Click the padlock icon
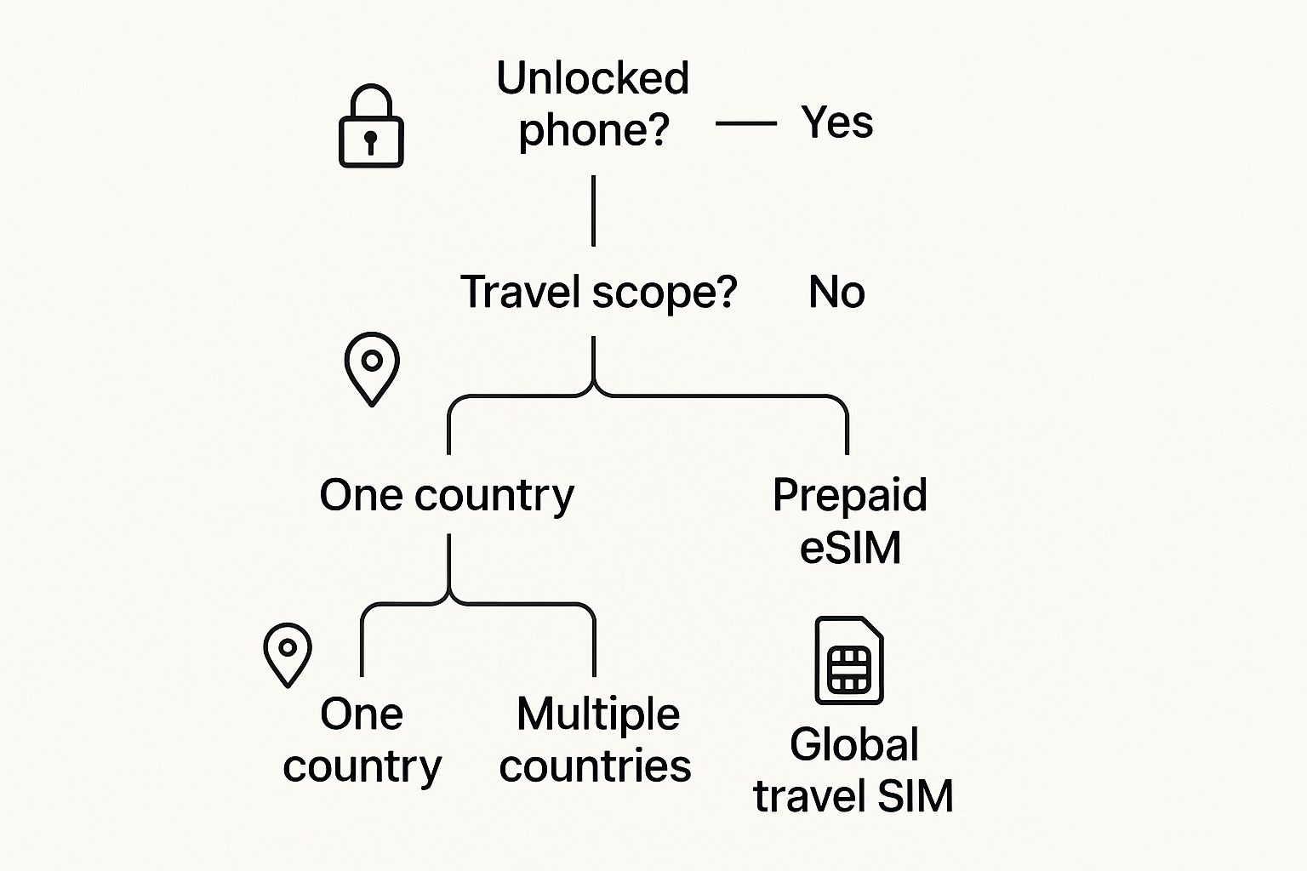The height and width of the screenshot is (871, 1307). click(x=371, y=128)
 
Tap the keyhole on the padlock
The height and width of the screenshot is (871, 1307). click(x=371, y=140)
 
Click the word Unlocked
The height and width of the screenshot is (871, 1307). click(x=592, y=78)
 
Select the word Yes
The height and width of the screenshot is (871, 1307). click(x=836, y=122)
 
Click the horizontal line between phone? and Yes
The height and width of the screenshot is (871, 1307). click(x=746, y=123)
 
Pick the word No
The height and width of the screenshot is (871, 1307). click(x=836, y=293)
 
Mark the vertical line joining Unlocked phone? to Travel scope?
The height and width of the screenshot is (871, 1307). click(x=593, y=211)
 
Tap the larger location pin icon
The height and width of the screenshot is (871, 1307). click(x=372, y=367)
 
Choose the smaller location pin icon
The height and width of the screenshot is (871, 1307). click(x=288, y=653)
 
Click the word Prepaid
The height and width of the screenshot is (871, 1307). click(x=849, y=495)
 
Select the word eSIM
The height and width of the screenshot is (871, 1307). click(x=849, y=547)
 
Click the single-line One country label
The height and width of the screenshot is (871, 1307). click(x=447, y=495)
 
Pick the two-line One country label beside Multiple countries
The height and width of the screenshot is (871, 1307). click(x=362, y=739)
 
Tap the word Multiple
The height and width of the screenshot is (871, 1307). click(x=597, y=714)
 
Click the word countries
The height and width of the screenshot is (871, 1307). click(x=595, y=766)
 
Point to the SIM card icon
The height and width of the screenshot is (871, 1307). click(x=849, y=660)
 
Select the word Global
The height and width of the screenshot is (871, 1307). click(x=854, y=745)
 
